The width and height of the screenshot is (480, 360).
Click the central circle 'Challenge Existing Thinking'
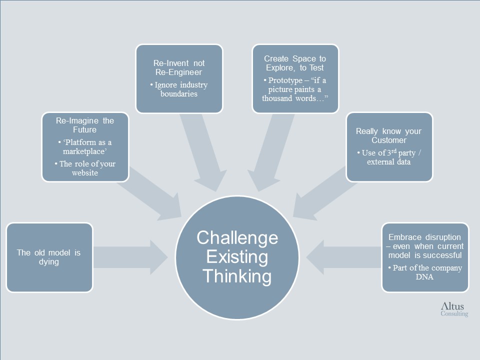click(237, 257)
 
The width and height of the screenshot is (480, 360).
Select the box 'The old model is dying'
click(49, 257)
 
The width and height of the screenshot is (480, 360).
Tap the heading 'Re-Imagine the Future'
click(85, 125)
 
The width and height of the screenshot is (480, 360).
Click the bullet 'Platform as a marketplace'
click(85, 146)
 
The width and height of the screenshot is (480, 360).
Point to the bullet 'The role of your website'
click(85, 168)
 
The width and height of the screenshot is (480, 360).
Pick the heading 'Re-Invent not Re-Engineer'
click(179, 67)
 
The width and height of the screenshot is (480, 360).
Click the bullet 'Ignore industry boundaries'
click(179, 89)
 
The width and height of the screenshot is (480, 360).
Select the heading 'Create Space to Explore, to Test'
click(295, 63)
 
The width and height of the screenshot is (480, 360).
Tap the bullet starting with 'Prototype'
click(295, 89)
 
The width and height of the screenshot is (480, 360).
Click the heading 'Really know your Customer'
click(389, 135)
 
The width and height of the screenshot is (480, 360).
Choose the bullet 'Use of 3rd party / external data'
click(389, 157)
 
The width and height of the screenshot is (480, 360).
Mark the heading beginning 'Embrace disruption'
click(425, 246)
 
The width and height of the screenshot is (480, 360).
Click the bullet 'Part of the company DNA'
click(425, 272)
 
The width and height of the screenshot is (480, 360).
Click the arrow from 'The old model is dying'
click(130, 257)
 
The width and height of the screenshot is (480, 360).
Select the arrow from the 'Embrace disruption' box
click(344, 257)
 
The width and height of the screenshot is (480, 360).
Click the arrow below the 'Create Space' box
click(269, 152)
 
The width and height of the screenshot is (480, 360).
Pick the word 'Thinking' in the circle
click(237, 276)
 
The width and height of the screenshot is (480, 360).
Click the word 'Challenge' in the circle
click(237, 238)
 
